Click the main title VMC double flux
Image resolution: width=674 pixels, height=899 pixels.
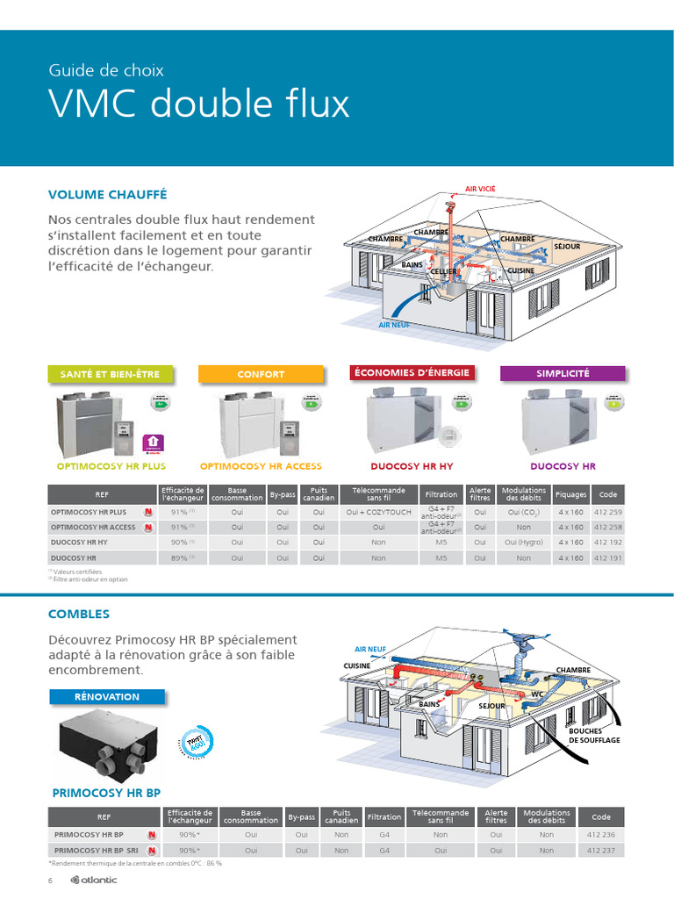pos(199,104)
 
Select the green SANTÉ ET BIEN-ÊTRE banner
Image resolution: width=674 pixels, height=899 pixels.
pos(110,374)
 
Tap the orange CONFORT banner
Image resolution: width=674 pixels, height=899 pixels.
pos(261,374)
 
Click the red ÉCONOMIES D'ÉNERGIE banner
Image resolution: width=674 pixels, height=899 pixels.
pos(412,372)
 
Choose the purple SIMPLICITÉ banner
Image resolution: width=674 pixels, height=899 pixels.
pos(563,373)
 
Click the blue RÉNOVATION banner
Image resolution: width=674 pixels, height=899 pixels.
pos(107,696)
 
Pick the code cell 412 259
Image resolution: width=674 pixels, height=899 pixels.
pos(607,512)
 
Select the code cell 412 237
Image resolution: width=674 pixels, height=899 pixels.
pos(600,850)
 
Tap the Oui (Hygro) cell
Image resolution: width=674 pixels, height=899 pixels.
pos(523,543)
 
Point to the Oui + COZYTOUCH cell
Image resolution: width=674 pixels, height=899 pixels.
pos(378,512)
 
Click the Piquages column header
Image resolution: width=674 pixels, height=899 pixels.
pos(570,494)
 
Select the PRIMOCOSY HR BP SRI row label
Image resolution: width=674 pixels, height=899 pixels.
pos(96,850)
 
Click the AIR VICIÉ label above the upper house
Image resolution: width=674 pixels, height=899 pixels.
pos(479,189)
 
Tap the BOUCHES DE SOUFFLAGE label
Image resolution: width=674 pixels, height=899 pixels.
pos(594,736)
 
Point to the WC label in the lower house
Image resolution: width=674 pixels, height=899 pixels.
pos(536,694)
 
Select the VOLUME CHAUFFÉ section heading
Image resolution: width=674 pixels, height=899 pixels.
pos(107,194)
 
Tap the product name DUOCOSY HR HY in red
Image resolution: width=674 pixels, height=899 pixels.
pos(412,466)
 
